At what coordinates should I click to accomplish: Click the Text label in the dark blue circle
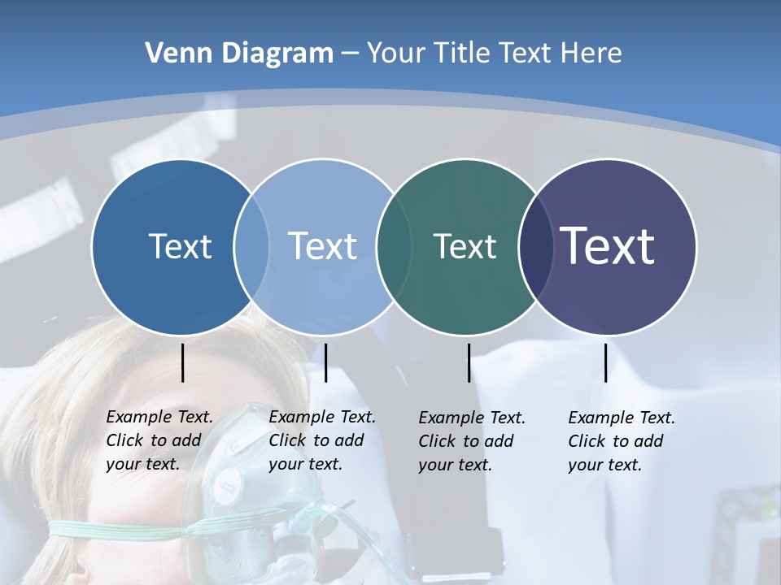coord(180,246)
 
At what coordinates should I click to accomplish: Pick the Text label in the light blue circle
coord(322,246)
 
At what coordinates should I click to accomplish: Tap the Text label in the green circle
coord(465,246)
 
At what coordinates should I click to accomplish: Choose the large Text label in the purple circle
coord(608,245)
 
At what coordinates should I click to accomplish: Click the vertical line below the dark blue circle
coord(182,362)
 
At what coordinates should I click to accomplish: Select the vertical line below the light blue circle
coord(325,362)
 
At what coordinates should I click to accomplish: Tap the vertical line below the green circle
coord(469,362)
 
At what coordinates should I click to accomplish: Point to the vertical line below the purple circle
coord(605,362)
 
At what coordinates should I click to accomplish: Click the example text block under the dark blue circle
coord(159,440)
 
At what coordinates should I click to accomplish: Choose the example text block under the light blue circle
coord(321,440)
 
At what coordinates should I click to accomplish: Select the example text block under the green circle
coord(471,441)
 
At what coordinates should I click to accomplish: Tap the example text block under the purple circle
coord(621,441)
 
